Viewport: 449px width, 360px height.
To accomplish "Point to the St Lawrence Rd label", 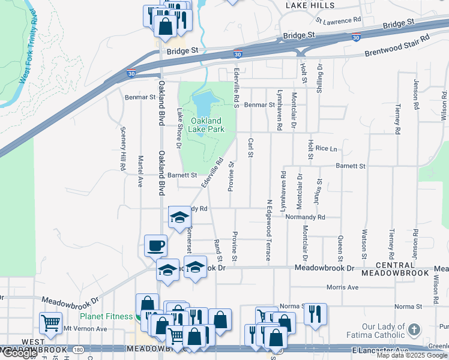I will [x=339, y=20].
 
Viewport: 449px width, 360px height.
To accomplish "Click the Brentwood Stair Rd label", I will [x=398, y=47].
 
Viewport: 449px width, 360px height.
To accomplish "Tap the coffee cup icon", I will [x=156, y=245].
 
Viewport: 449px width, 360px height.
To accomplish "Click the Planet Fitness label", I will [x=107, y=316].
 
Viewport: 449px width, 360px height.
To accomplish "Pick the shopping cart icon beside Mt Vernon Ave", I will [x=51, y=323].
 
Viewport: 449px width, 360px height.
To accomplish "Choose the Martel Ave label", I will [x=140, y=172].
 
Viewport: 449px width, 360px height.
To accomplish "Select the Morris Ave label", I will [x=343, y=287].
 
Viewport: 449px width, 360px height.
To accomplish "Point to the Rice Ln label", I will [x=327, y=148].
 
